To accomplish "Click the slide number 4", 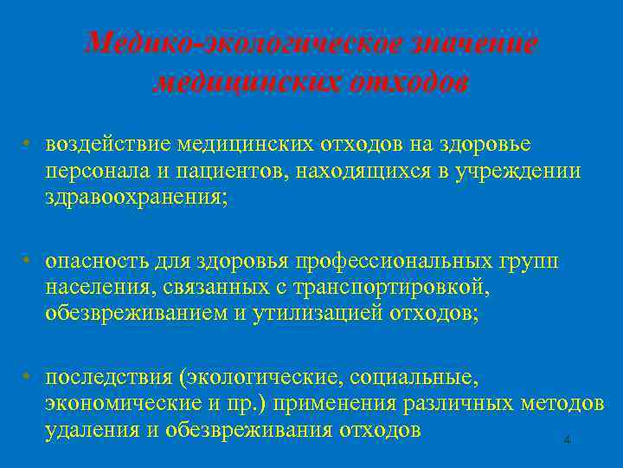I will pos(567,440).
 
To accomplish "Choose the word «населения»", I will pos(91,288).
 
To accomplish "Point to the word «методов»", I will pos(562,406).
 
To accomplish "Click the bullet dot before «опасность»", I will pos(29,260).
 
